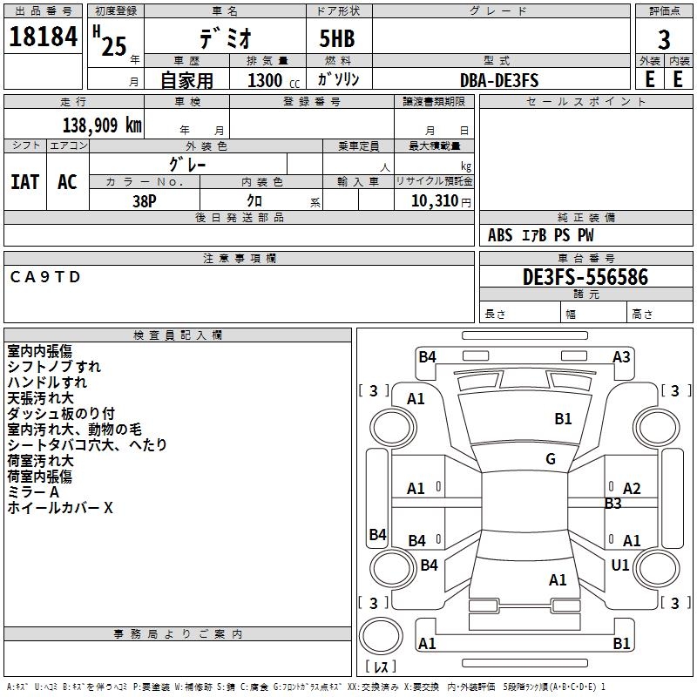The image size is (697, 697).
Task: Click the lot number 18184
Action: (43, 38)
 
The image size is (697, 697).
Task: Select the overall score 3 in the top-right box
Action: (664, 40)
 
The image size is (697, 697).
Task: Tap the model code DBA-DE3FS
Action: (499, 80)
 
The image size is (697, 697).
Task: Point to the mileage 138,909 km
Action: (102, 125)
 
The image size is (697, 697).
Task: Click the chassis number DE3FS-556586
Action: (585, 277)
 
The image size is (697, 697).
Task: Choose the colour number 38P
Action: (145, 200)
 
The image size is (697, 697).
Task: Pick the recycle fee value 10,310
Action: (433, 200)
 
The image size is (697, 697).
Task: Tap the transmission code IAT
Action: (25, 181)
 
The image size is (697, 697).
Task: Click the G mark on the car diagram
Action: (551, 459)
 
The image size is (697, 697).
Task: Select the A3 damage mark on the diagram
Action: (621, 357)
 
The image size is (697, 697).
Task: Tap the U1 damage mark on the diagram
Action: (620, 565)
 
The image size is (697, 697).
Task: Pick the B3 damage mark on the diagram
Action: (613, 504)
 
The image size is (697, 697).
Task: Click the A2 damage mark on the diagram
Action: (632, 489)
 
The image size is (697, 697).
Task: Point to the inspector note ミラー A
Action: (34, 492)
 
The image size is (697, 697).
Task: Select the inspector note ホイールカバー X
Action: (60, 508)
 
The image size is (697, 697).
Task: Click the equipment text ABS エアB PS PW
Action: (541, 235)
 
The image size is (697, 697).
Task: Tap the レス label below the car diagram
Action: (381, 667)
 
